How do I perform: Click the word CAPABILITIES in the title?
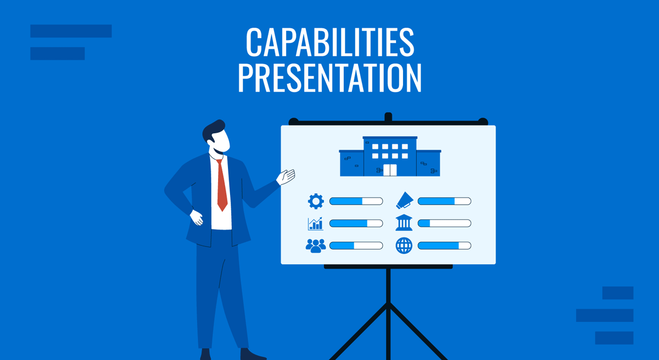click(329, 42)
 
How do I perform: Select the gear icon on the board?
click(316, 201)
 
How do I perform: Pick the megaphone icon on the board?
click(404, 201)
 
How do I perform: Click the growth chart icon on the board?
click(316, 223)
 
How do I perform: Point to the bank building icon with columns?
click(404, 223)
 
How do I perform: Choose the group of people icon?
click(316, 245)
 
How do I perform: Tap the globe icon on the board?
click(404, 245)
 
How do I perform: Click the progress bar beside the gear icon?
click(356, 201)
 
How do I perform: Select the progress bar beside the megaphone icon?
click(444, 201)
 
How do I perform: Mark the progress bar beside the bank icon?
click(444, 223)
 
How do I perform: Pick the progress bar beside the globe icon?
click(444, 245)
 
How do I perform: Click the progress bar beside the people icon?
click(356, 245)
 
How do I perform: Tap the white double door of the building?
click(390, 170)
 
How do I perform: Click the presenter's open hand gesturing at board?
click(286, 176)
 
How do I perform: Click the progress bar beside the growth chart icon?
click(356, 223)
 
